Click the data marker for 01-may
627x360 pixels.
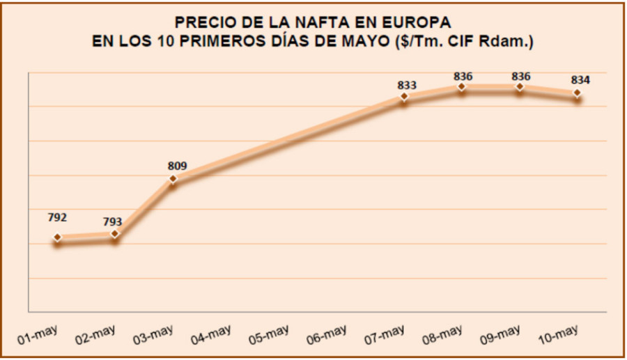pyautogui.click(x=58, y=238)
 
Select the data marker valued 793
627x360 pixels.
pyautogui.click(x=116, y=234)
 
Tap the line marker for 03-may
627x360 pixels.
pyautogui.click(x=173, y=179)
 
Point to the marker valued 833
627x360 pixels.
pyautogui.click(x=404, y=97)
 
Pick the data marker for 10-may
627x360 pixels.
pyautogui.click(x=578, y=93)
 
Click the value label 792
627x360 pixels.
pyautogui.click(x=57, y=218)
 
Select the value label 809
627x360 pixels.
pyautogui.click(x=178, y=166)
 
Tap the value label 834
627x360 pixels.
pyautogui.click(x=580, y=79)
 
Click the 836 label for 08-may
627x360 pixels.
pyautogui.click(x=463, y=75)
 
